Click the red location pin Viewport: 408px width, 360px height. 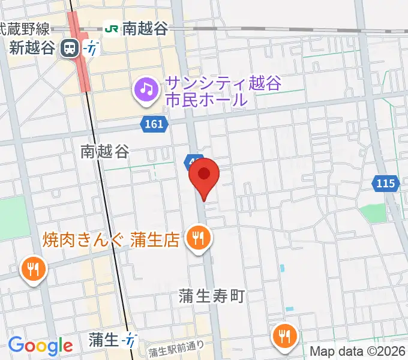(204, 175)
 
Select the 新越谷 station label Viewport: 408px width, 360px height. (32, 48)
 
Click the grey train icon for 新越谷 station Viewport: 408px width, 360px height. (71, 48)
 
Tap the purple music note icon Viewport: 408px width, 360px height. (146, 91)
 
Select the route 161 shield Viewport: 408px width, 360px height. (153, 124)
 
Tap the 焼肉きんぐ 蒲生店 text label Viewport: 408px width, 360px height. (112, 241)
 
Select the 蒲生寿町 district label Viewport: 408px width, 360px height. (212, 296)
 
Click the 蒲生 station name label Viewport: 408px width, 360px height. (104, 340)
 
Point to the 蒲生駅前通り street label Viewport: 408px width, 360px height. (176, 349)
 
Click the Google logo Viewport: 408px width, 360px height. (40, 345)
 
